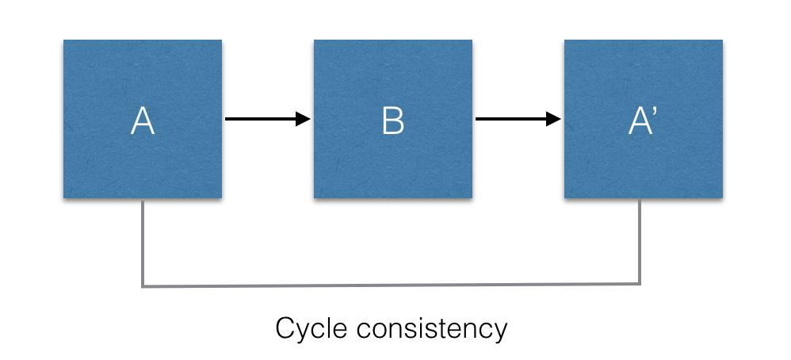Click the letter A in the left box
143,121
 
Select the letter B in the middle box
392,121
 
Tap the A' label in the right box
641,121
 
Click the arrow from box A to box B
262,120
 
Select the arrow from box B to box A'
512,120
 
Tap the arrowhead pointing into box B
303,120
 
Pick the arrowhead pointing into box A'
553,120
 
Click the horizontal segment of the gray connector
391,285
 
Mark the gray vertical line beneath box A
143,242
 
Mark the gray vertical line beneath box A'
640,242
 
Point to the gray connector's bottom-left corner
143,285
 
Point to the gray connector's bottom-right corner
640,284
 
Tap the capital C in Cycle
285,327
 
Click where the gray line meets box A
143,200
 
